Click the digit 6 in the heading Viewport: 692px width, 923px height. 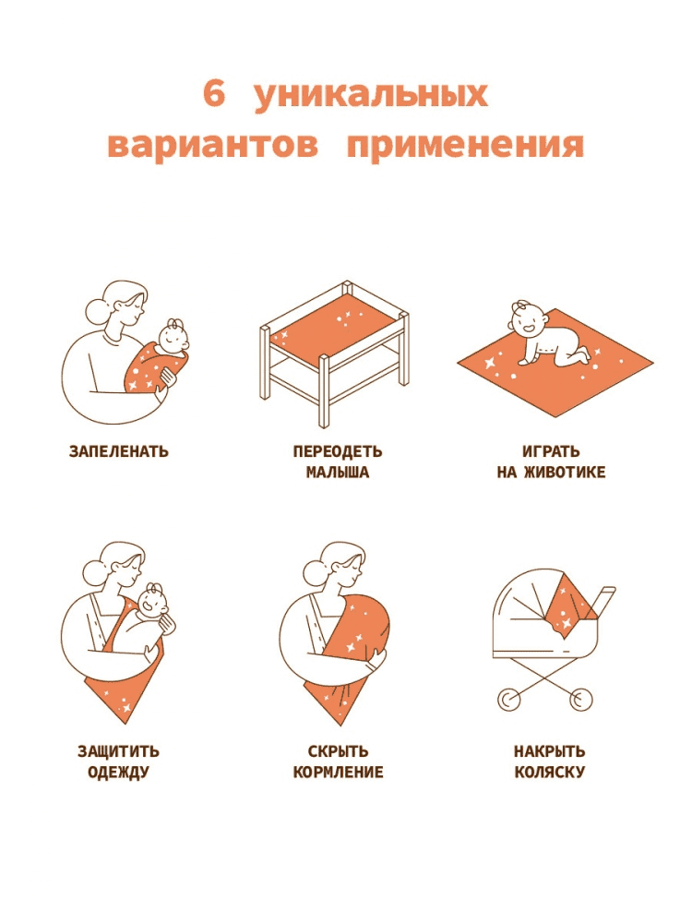[x=214, y=93]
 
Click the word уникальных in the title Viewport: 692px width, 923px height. [x=371, y=96]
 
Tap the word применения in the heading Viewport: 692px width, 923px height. [x=465, y=145]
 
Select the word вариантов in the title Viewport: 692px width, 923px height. [x=213, y=145]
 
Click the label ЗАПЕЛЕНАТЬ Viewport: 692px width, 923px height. [x=119, y=451]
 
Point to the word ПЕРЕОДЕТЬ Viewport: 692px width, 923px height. [x=338, y=451]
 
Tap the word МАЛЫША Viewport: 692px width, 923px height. [x=338, y=472]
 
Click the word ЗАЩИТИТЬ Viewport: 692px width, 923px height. [x=118, y=751]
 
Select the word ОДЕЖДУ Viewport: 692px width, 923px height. [x=118, y=773]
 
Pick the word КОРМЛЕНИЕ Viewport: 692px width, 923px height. [x=338, y=772]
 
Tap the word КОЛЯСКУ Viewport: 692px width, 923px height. [x=550, y=772]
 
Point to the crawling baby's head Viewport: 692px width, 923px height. [x=526, y=321]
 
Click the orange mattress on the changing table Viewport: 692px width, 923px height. [x=333, y=329]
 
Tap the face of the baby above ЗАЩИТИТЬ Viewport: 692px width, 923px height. [x=153, y=603]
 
